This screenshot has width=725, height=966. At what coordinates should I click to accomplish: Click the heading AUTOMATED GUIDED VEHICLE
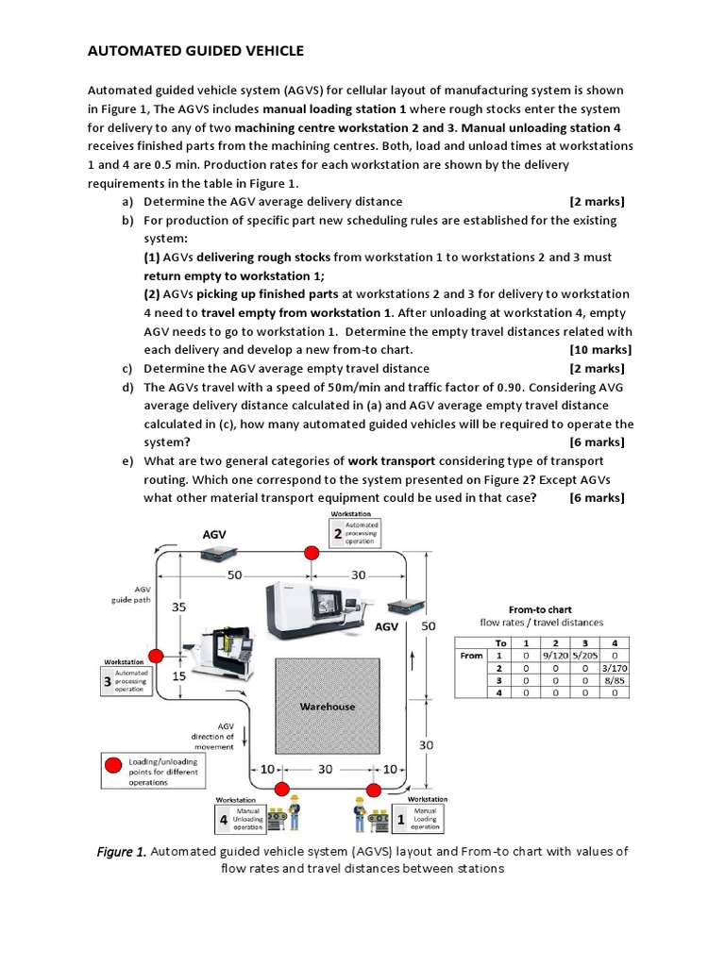pyautogui.click(x=196, y=51)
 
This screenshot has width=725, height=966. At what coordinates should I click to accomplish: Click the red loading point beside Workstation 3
pyautogui.click(x=157, y=656)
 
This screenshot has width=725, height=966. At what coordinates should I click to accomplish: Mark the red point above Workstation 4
pyautogui.click(x=280, y=790)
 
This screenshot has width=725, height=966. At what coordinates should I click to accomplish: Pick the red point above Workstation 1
pyautogui.click(x=374, y=790)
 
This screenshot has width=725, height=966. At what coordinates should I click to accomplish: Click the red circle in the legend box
pyautogui.click(x=114, y=767)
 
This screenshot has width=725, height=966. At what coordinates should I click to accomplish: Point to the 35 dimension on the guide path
pyautogui.click(x=178, y=608)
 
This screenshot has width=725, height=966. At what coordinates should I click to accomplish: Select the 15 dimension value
pyautogui.click(x=178, y=675)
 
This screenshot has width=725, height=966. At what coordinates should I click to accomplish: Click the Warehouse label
pyautogui.click(x=328, y=706)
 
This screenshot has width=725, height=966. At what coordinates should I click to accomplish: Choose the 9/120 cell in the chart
pyautogui.click(x=554, y=655)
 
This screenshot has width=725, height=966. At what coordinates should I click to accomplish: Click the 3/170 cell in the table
pyautogui.click(x=615, y=667)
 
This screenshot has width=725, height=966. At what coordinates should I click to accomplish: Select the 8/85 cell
pyautogui.click(x=615, y=679)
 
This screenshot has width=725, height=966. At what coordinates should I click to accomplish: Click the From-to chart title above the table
pyautogui.click(x=540, y=609)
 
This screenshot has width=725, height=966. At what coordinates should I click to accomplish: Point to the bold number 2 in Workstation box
pyautogui.click(x=337, y=534)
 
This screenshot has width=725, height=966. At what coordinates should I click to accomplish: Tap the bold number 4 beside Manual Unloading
pyautogui.click(x=224, y=821)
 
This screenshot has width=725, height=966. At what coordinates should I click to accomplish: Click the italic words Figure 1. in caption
pyautogui.click(x=122, y=851)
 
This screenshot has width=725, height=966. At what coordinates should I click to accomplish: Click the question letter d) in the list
pyautogui.click(x=126, y=387)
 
